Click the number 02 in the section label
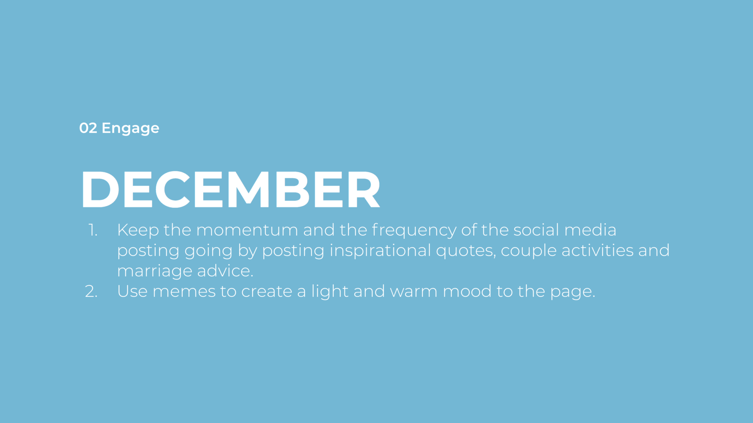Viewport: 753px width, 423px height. pos(88,128)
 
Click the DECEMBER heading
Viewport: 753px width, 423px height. pos(231,189)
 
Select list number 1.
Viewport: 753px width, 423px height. pos(93,230)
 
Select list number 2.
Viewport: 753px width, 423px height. pos(91,291)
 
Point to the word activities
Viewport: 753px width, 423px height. pos(597,251)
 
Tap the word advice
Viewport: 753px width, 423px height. pos(225,271)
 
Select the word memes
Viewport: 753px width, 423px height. pos(184,292)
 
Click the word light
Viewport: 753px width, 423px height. pos(330,292)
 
